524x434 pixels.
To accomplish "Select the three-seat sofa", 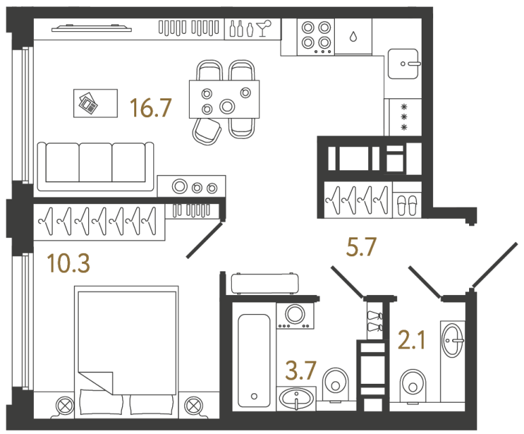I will pos(94,165).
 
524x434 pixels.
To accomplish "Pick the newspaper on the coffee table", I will pos(87,103).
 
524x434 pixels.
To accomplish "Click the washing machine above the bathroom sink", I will pos(295,315).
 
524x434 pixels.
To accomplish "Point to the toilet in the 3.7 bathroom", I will pos(334,383).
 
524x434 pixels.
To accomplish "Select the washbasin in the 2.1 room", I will pos(453,335).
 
